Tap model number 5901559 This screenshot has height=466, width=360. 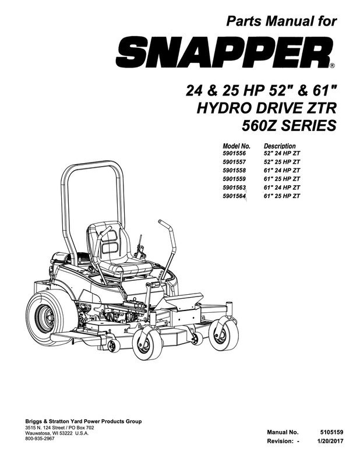pos(235,179)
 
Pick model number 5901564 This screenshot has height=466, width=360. pos(235,196)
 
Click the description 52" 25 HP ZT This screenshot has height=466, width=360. pos(282,161)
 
